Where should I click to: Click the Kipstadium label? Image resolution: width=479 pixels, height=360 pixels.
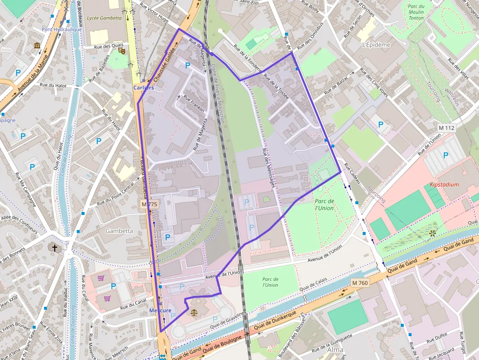pos(444,185)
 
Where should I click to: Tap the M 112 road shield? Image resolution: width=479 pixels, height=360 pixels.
pos(447,128)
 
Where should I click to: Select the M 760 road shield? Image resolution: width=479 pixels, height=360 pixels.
pos(360,283)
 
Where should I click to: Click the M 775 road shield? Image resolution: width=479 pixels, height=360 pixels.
pos(149,204)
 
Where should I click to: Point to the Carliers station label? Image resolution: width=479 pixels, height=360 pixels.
pos(143,87)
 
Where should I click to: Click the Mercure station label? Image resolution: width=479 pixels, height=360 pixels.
pos(160,311)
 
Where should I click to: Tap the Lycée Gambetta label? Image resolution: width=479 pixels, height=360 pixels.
pos(104,18)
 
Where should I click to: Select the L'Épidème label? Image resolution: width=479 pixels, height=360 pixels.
pos(376,44)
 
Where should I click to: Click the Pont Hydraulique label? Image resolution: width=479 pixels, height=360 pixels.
pos(62,29)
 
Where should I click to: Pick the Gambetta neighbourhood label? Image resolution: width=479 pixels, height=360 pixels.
pos(119,231)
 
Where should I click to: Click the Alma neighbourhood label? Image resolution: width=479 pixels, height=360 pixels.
pos(335,350)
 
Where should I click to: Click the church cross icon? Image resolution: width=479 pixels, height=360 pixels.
pos(55,248)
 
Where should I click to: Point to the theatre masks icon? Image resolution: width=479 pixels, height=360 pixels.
pos(121,50)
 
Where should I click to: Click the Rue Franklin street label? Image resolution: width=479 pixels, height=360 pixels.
pos(194,104)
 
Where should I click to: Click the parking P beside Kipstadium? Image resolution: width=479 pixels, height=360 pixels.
pos(445,155)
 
